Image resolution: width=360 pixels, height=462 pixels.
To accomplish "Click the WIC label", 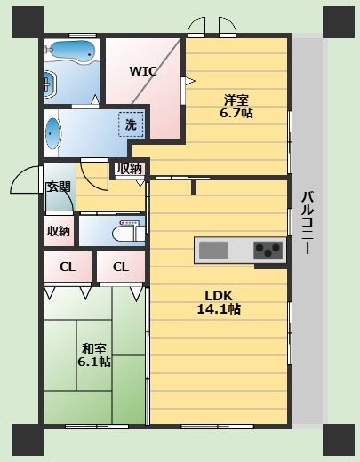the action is click(143, 71).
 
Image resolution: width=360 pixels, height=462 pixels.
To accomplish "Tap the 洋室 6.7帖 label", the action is click(236, 106).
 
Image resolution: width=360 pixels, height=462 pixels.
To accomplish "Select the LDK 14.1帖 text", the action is click(219, 302).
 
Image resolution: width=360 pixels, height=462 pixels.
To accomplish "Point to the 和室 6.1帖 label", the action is click(94, 355).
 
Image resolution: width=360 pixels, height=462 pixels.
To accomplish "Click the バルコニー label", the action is click(308, 223).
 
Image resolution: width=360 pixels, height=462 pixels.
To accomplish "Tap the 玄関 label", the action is click(59, 187).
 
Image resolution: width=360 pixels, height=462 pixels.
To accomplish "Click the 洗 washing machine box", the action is click(131, 124).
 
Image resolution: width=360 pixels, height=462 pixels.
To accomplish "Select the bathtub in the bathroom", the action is click(72, 52).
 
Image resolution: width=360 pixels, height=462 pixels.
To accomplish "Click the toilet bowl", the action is click(124, 234).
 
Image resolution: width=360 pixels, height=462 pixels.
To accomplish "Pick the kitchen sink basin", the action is click(213, 251).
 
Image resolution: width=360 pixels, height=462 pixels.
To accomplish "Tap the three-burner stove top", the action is click(268, 251).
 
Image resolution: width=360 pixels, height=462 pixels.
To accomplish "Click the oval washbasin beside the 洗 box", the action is click(52, 133).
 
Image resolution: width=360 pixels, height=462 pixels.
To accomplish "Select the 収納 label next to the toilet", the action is click(59, 231).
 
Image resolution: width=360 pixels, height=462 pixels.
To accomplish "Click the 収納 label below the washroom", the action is click(130, 169).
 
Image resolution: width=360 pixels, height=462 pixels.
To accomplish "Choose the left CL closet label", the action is click(68, 267).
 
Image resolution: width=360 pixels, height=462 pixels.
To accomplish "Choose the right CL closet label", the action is click(121, 267).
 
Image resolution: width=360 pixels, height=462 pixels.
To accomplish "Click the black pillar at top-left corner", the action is click(28, 22).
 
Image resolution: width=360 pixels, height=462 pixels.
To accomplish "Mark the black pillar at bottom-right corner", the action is click(339, 440).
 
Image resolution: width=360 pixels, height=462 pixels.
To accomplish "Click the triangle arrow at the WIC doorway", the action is click(190, 81).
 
